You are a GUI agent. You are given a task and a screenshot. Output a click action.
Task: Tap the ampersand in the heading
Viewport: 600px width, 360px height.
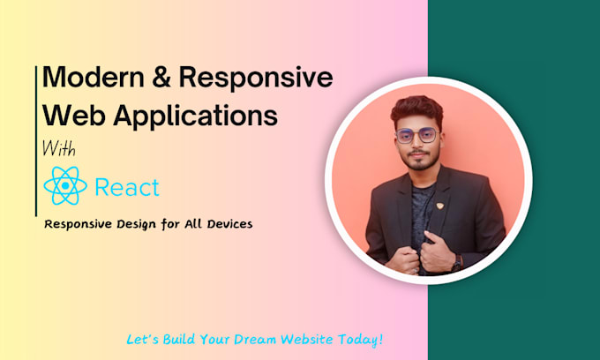tap(164, 79)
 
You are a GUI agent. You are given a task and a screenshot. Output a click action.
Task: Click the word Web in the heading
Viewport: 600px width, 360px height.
tap(71, 116)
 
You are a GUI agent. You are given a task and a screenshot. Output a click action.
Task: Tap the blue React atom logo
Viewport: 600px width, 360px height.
tap(64, 187)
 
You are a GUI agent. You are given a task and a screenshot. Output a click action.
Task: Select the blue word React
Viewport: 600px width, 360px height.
tap(127, 187)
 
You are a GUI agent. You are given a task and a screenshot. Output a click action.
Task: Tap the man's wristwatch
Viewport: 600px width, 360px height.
tap(457, 262)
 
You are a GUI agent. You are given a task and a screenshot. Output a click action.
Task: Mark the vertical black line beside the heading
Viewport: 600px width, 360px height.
tap(38, 141)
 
